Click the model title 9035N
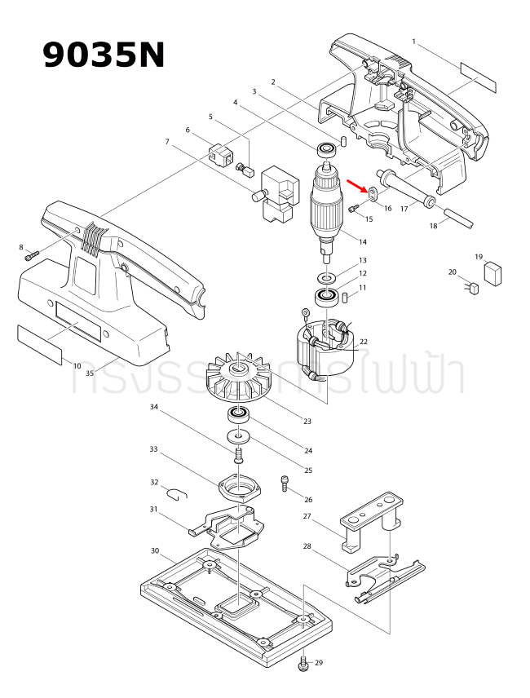104,55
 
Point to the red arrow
356,185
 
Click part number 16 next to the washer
387,209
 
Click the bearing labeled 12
327,296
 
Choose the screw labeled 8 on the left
32,257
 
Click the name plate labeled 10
39,342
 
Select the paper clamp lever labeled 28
383,578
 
